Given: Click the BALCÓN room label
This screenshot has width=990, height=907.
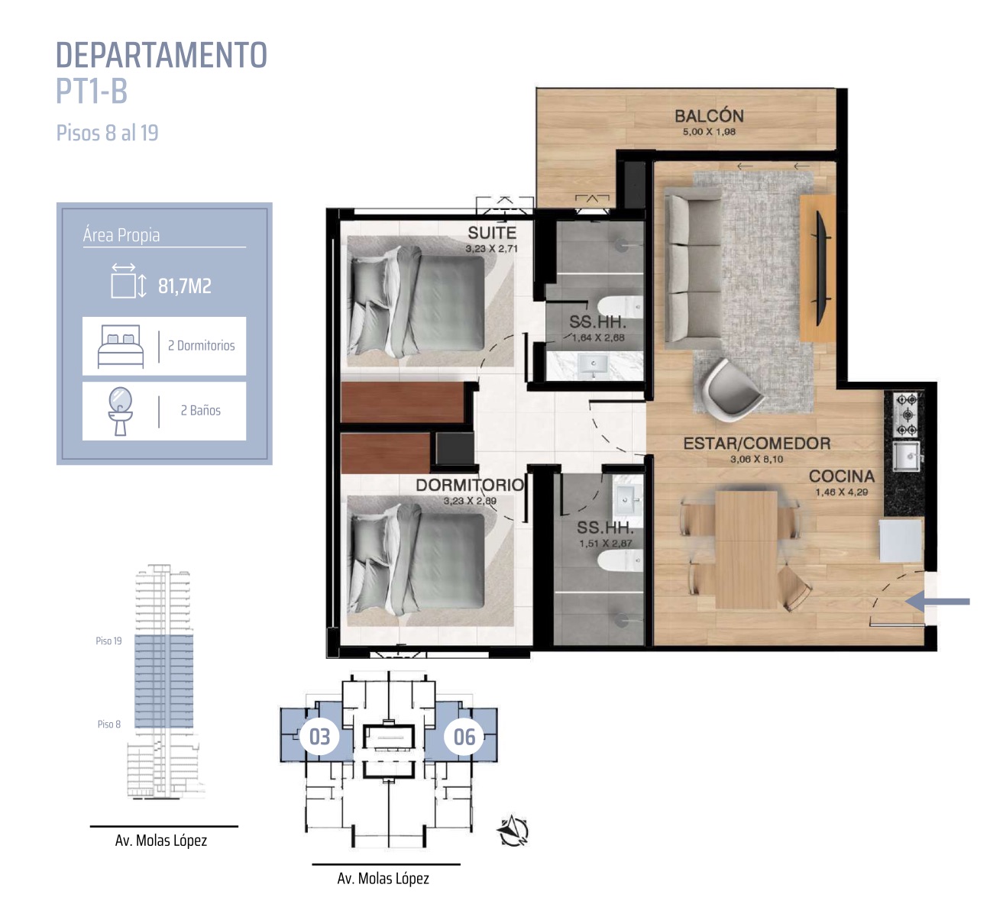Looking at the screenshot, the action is [x=709, y=116].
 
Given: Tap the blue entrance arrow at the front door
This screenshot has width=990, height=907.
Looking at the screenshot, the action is [x=937, y=602].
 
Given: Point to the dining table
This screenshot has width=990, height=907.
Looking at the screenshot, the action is [x=746, y=549].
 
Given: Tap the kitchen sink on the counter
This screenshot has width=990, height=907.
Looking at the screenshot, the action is [x=906, y=456].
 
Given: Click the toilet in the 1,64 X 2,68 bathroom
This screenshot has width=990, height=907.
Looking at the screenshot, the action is [x=620, y=306].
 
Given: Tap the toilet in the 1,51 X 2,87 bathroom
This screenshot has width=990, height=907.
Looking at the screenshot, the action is [x=620, y=560].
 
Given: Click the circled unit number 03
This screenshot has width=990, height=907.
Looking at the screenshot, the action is [x=319, y=737].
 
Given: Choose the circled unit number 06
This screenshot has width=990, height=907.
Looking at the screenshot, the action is [x=464, y=737].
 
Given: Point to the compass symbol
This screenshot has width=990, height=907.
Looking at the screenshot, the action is [x=513, y=831].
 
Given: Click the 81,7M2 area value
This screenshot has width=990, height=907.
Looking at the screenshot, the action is [x=185, y=286].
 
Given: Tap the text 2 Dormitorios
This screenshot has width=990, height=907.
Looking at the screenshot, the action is [x=202, y=345].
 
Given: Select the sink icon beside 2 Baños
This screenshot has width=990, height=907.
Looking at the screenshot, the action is [x=121, y=412].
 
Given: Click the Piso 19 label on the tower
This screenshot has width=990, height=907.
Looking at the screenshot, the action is [x=108, y=641].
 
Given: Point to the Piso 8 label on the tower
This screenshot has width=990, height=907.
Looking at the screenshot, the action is [x=108, y=724].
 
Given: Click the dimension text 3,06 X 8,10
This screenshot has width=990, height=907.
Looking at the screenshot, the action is [x=756, y=459].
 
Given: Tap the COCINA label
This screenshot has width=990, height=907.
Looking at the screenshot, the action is [x=842, y=476].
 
